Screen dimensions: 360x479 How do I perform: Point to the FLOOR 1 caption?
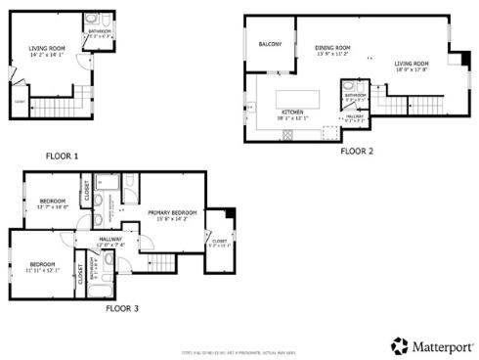pos(62,156)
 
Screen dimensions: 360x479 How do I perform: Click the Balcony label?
pos(270,45)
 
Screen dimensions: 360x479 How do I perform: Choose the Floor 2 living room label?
pos(412,65)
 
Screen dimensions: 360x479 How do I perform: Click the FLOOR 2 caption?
pos(357,152)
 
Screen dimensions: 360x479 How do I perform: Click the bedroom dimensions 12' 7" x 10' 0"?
pos(51,206)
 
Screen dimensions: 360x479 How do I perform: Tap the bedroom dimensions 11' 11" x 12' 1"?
pos(44,269)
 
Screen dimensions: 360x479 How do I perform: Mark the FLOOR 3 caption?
pos(122,308)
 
